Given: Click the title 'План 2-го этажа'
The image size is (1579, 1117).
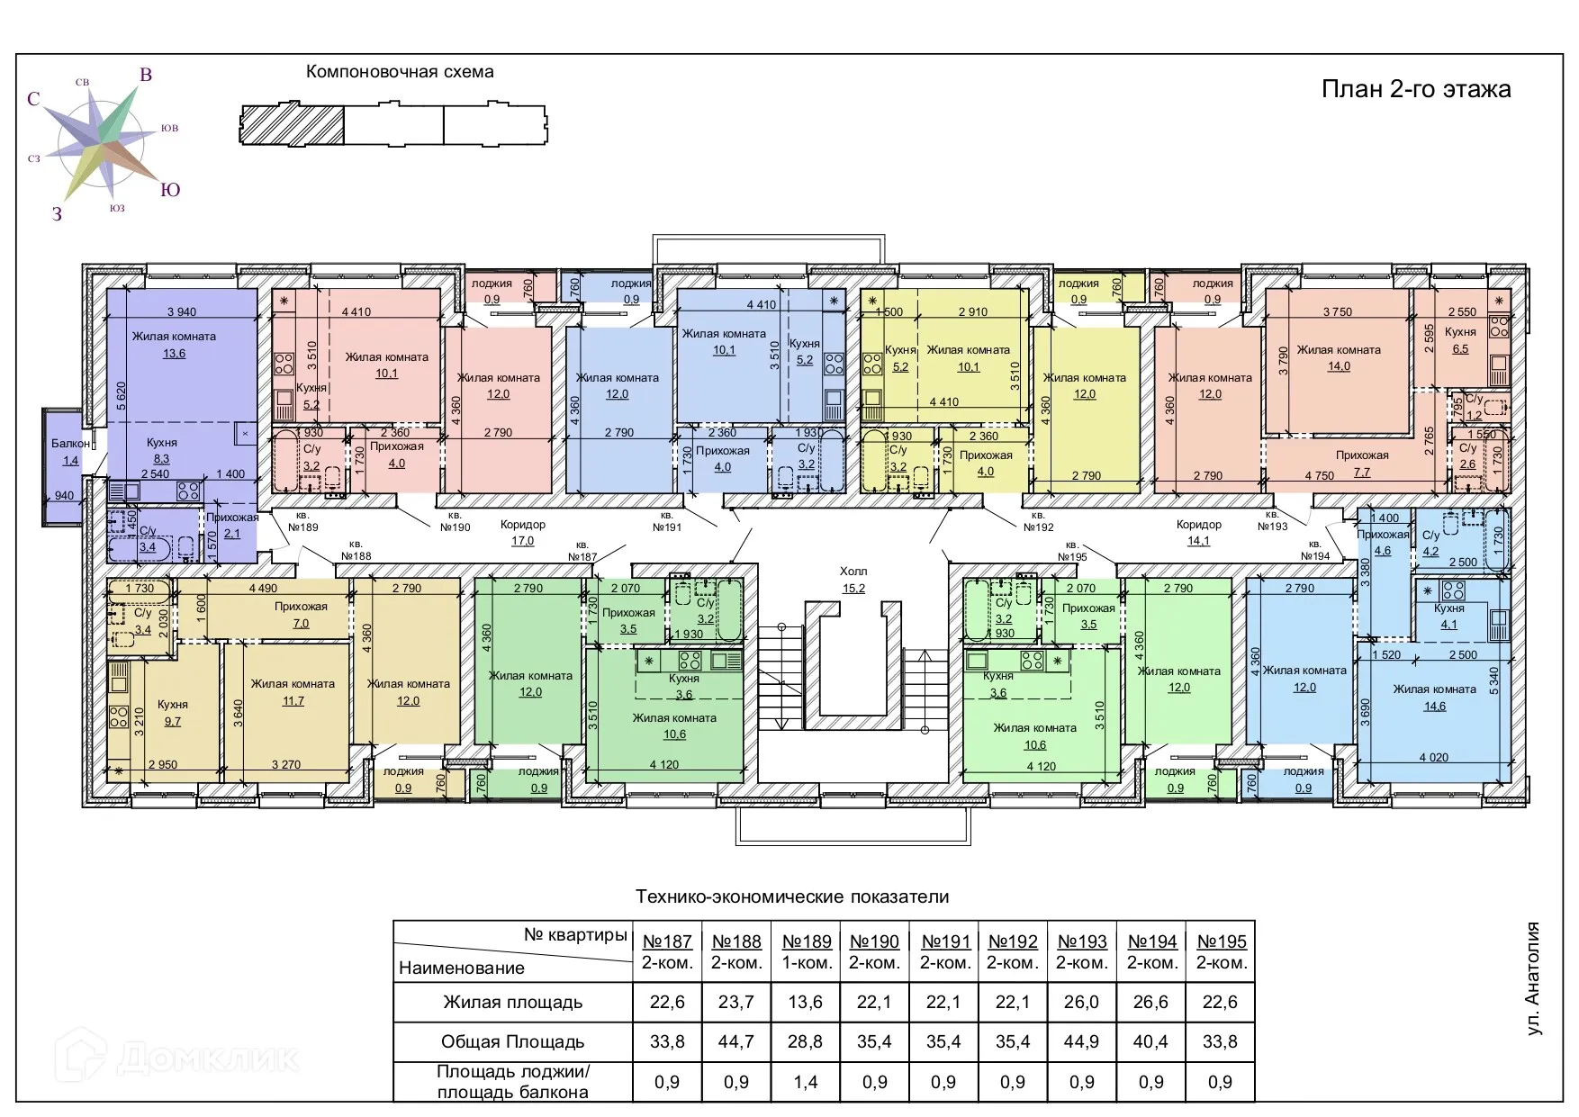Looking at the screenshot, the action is pos(1416,89).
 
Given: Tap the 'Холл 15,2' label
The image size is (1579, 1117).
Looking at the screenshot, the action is pos(853,580).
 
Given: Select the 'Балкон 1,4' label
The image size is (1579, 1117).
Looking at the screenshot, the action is pos(70,452).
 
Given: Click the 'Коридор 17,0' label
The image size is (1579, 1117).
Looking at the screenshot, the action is pos(523,533).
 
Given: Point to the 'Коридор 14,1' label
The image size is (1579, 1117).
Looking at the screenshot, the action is pos(1198,533).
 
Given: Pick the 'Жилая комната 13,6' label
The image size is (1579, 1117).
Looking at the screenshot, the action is pos(174,345).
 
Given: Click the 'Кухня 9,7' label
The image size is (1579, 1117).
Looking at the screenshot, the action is pos(173,713).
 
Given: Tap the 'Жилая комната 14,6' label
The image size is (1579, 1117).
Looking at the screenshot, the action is pos(1434,698).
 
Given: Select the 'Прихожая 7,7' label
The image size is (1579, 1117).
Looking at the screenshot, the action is pos(1362,464).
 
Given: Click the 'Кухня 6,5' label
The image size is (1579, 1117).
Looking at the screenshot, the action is pos(1460,340).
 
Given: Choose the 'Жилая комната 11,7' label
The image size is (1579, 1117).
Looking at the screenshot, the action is pos(293,692).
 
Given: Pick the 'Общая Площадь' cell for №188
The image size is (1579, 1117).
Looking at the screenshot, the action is pos(736,1042).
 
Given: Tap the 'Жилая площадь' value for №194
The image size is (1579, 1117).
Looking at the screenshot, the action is pos(1151,1003).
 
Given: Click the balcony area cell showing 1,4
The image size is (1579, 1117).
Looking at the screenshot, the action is pos(806,1083).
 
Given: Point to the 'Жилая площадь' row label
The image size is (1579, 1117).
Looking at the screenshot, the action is pos(512,1003).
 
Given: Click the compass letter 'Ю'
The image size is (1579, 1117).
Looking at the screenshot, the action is pos(170,190).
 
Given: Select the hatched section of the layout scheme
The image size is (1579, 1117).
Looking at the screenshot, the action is pos(293,124).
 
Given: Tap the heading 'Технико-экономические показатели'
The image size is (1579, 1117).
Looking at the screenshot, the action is pos(792,896).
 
